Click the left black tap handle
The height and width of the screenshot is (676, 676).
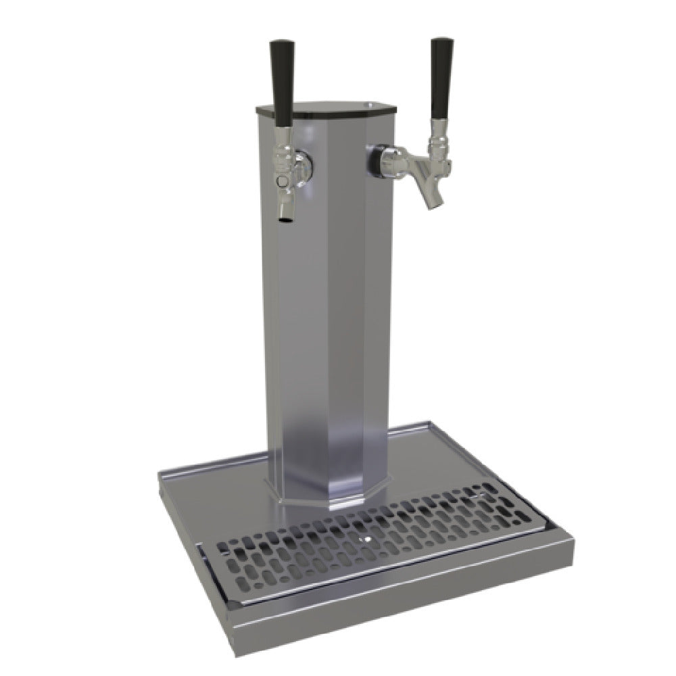tap(282, 81)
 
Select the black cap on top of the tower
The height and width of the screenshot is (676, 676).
tap(324, 108)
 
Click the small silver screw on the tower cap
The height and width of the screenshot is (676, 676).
tap(370, 105)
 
